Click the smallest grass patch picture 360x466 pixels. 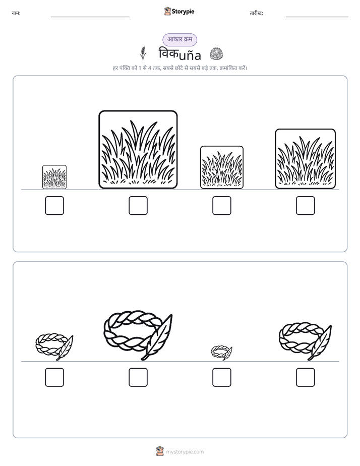(x=54, y=177)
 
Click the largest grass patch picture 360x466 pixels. (x=138, y=149)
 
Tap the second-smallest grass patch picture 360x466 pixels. (x=221, y=167)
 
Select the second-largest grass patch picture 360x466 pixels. (x=306, y=159)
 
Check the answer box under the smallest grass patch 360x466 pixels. (x=54, y=205)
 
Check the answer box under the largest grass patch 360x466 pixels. (x=138, y=205)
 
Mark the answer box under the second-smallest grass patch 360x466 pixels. (x=221, y=205)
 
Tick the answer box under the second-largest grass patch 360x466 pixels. (x=306, y=205)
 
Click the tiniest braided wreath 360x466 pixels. (x=221, y=353)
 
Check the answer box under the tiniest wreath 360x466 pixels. (x=221, y=377)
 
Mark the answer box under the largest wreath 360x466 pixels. (x=138, y=377)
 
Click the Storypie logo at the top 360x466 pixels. (x=179, y=11)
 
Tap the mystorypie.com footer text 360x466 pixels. (x=185, y=452)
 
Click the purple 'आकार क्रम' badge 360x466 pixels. (x=179, y=39)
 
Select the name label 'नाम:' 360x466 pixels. (x=16, y=13)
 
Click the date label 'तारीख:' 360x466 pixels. (x=256, y=13)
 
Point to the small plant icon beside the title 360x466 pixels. (x=143, y=53)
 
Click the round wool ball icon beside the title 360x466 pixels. (x=216, y=54)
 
